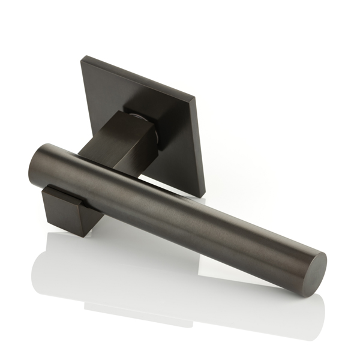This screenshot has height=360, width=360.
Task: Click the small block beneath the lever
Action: (x=66, y=210)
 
